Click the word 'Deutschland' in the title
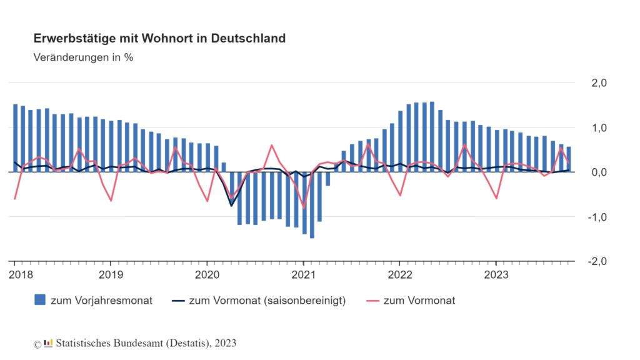(x=248, y=39)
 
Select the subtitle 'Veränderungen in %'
(x=83, y=57)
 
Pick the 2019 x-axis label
(x=111, y=274)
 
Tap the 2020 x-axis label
(x=207, y=274)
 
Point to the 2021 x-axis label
(x=303, y=274)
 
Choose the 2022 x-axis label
(x=399, y=274)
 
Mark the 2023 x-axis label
(x=496, y=274)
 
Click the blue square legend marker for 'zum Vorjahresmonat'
(x=40, y=301)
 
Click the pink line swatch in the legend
(x=367, y=301)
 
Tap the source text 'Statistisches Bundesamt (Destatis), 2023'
(x=146, y=343)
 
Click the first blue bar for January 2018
(x=16, y=137)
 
